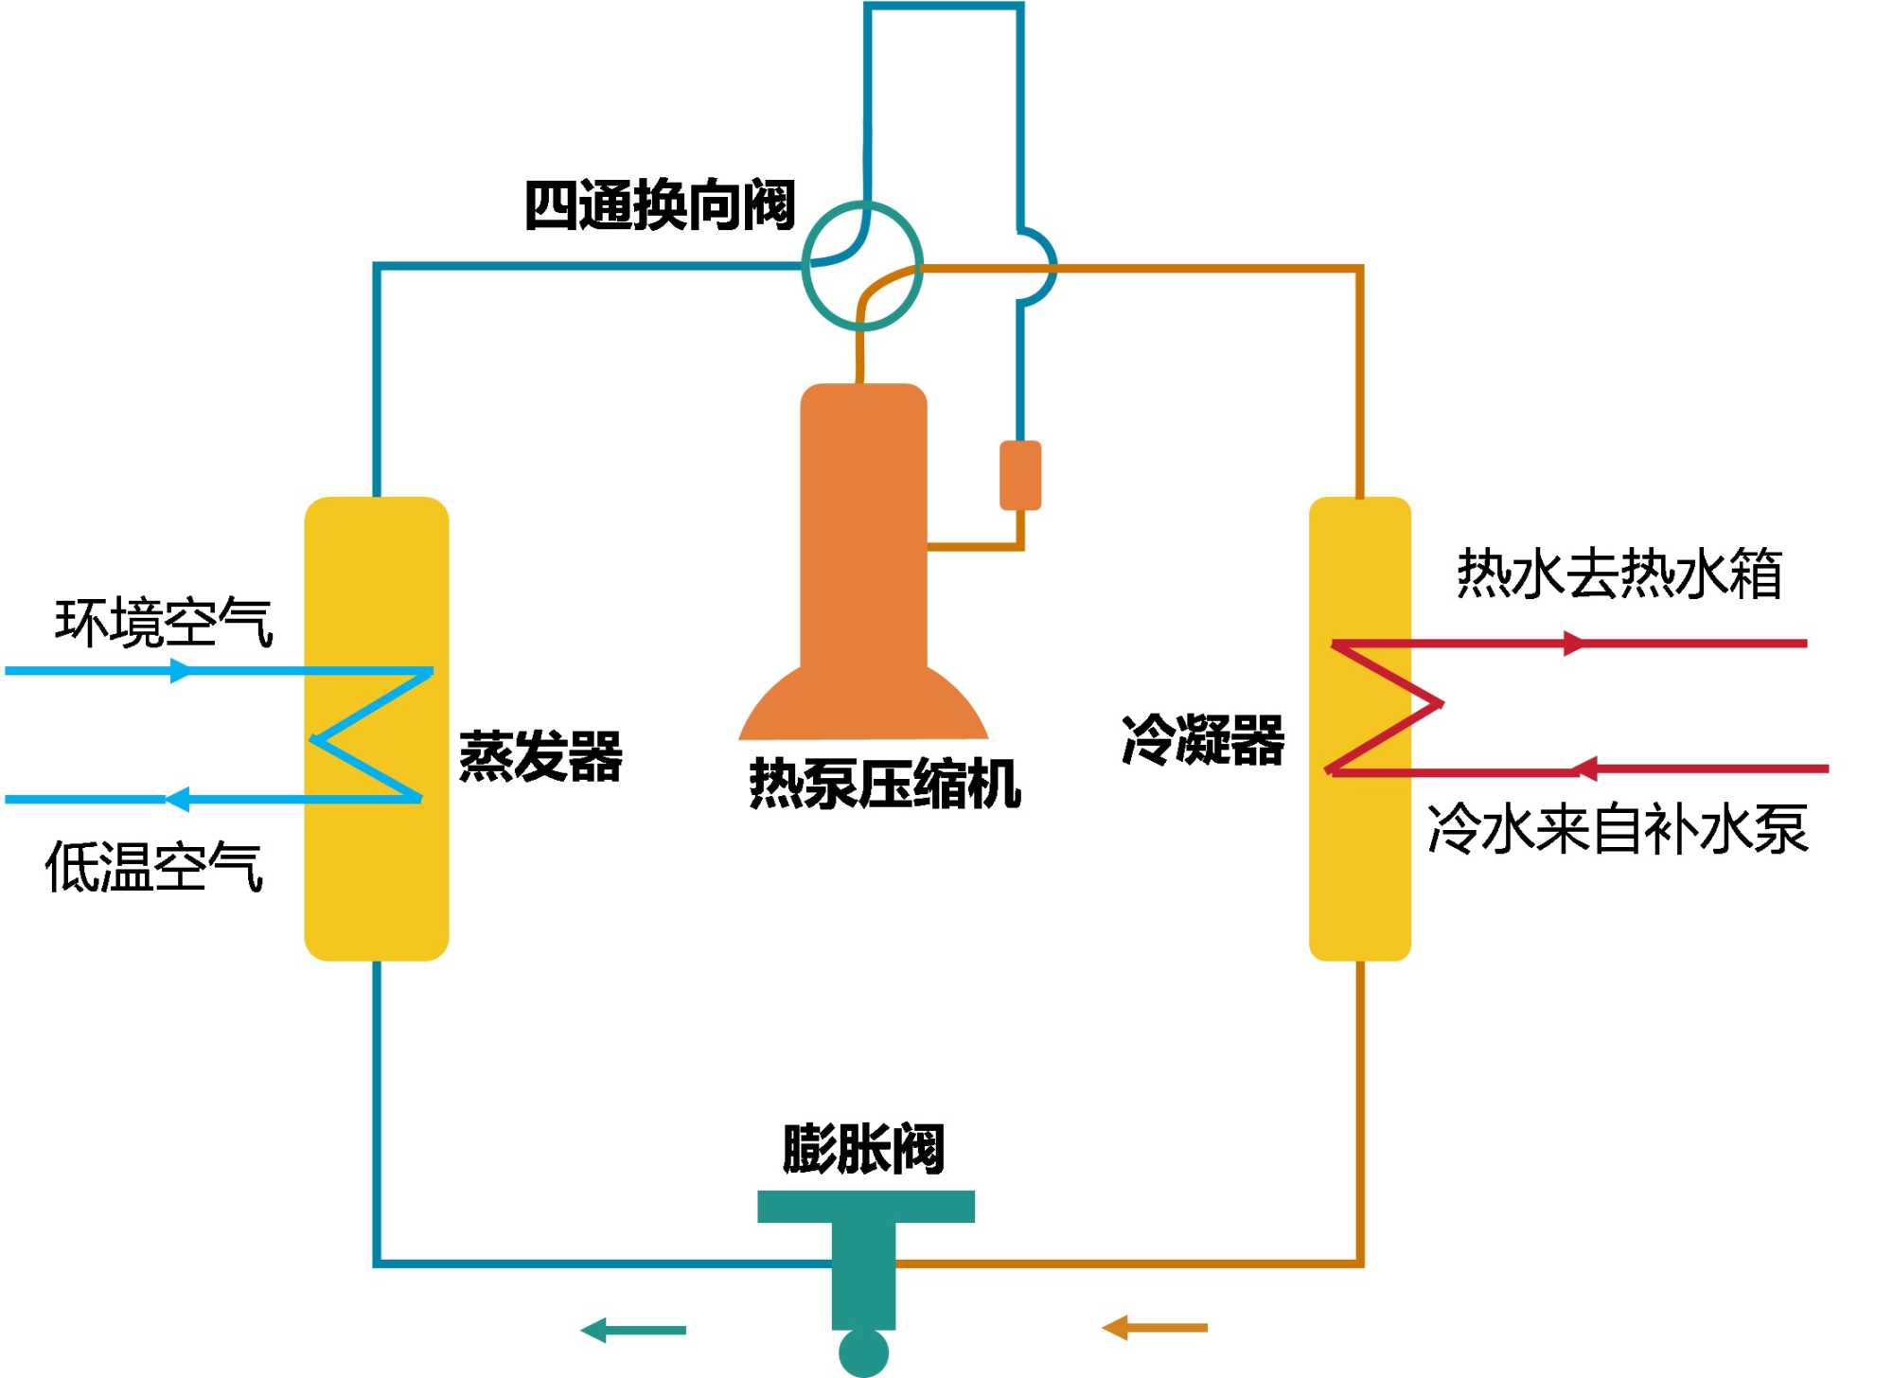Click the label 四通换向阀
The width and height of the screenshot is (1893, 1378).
pyautogui.click(x=660, y=204)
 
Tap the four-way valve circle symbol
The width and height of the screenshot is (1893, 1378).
pyautogui.click(x=862, y=265)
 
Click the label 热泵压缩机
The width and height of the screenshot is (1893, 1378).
pyautogui.click(x=885, y=784)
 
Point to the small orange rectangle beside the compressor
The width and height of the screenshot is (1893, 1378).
pyautogui.click(x=1020, y=475)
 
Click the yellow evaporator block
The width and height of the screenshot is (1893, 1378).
pyautogui.click(x=376, y=871)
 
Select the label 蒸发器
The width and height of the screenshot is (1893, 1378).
pyautogui.click(x=540, y=756)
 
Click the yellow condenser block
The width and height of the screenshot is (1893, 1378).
pyautogui.click(x=1359, y=871)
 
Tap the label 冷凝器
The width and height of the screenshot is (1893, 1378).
pyautogui.click(x=1203, y=740)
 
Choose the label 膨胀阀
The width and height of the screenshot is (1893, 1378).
pyautogui.click(x=863, y=1149)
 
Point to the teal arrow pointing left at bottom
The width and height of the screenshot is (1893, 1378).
pyautogui.click(x=633, y=1330)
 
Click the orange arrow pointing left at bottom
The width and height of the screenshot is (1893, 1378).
pyautogui.click(x=1155, y=1328)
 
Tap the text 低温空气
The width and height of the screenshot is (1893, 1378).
pyautogui.click(x=154, y=867)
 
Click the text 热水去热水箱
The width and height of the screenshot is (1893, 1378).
pyautogui.click(x=1619, y=574)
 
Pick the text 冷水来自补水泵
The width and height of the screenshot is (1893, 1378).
pyautogui.click(x=1618, y=829)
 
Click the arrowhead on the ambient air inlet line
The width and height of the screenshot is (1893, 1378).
pyautogui.click(x=181, y=671)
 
